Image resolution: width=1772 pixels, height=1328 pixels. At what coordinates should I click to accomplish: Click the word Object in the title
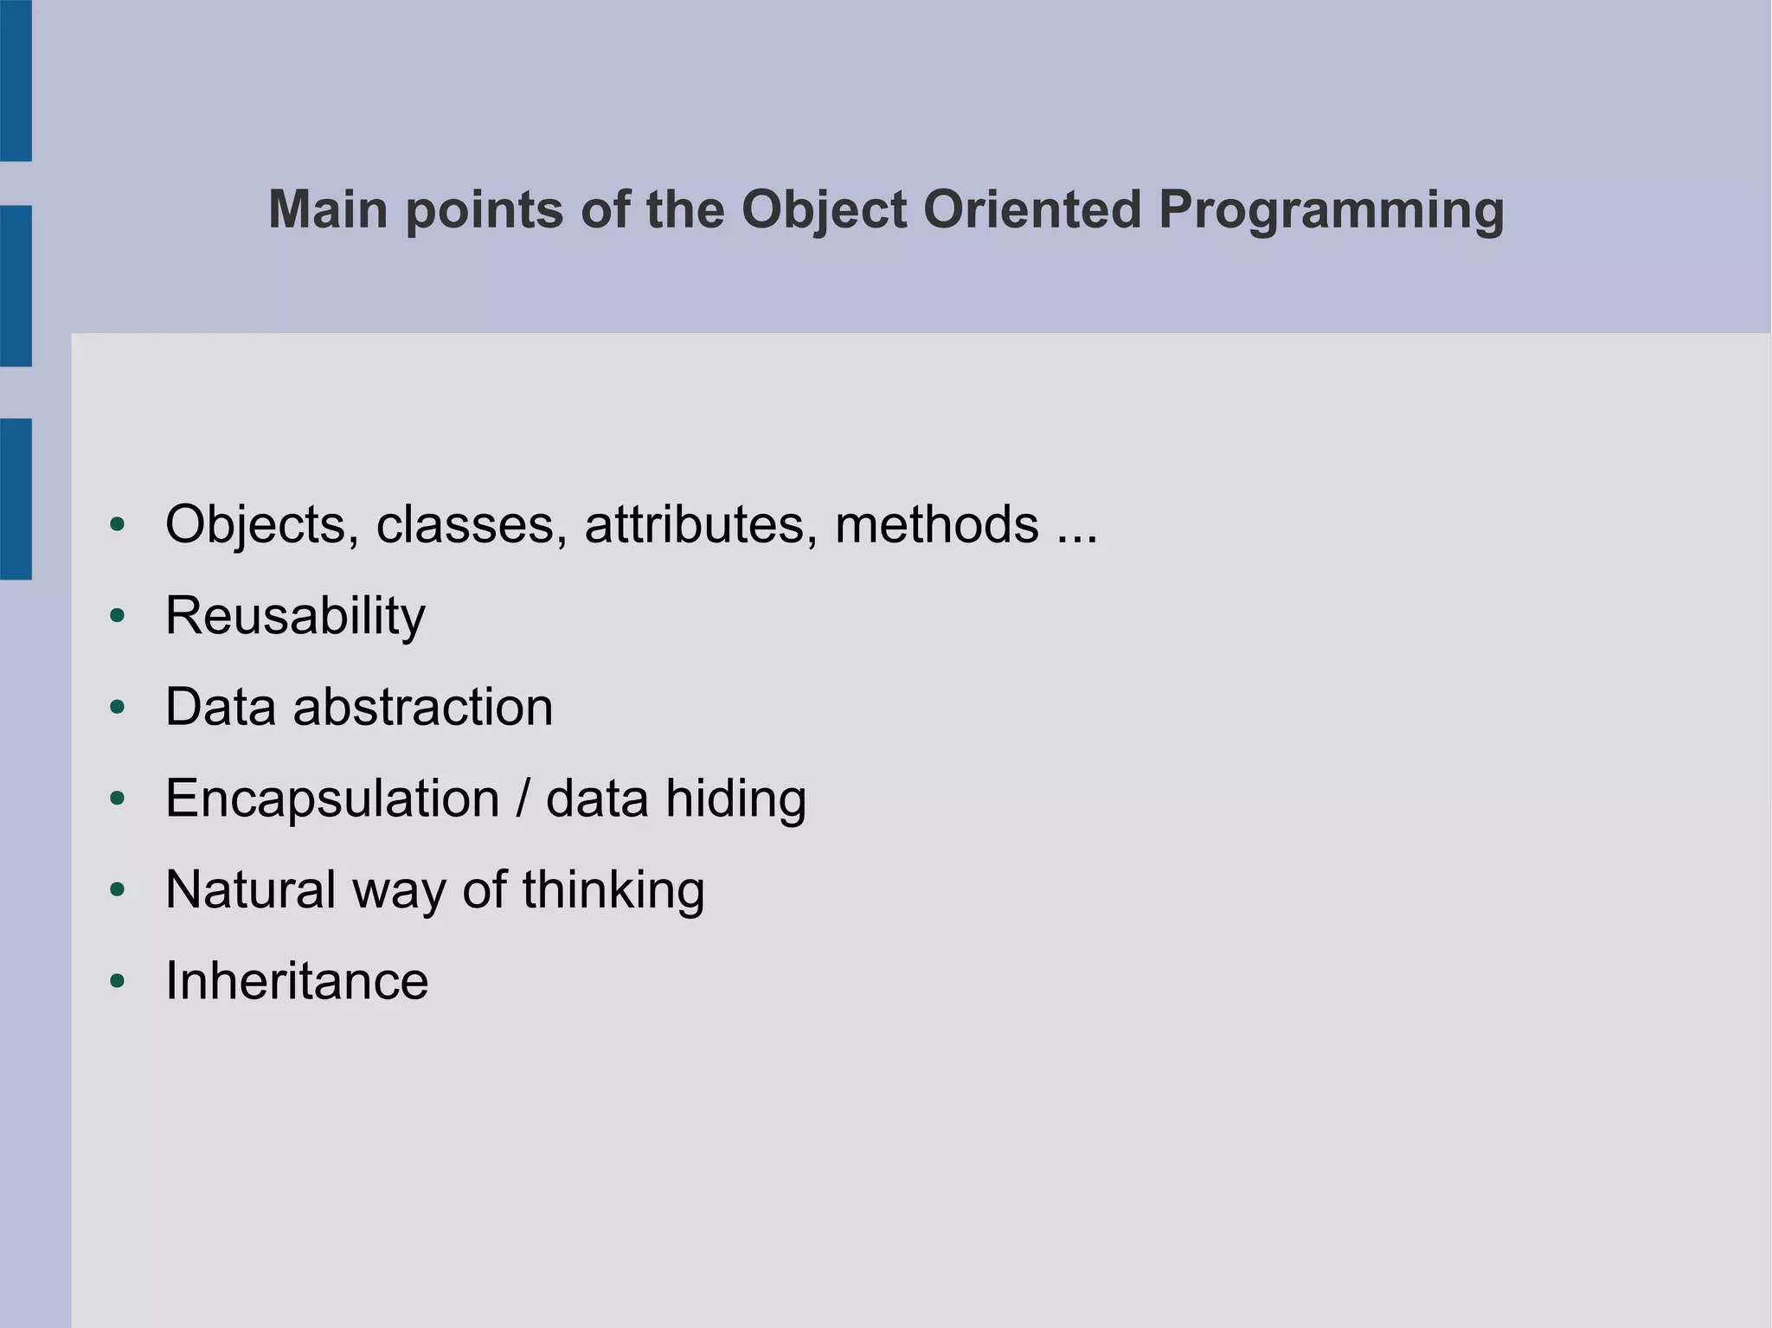click(824, 210)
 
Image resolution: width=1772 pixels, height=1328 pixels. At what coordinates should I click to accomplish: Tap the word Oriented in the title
click(1032, 210)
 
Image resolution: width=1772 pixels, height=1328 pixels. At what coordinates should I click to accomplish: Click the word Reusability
click(295, 616)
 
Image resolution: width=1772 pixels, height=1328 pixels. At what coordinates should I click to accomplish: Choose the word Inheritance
click(297, 981)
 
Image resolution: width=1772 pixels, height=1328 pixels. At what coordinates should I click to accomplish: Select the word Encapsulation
click(332, 799)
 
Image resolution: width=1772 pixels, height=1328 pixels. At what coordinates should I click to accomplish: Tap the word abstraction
click(423, 707)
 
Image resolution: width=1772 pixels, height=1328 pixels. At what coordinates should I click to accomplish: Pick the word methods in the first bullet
click(936, 525)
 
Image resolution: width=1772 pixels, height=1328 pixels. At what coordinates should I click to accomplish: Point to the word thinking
click(613, 890)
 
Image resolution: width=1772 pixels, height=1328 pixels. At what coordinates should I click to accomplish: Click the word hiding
click(735, 799)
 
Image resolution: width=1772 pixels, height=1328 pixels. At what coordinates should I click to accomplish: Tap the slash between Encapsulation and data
click(522, 799)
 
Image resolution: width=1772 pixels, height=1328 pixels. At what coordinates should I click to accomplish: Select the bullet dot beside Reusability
click(118, 616)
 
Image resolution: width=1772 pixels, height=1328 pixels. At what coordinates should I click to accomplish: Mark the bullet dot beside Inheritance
click(118, 981)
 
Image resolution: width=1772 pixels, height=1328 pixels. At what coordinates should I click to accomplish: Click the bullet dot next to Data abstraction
click(118, 708)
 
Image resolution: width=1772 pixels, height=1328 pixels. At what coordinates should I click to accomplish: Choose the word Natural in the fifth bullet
click(250, 890)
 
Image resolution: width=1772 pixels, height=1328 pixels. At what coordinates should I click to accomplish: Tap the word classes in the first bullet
click(471, 525)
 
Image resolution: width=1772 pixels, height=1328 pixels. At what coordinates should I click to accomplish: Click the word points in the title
click(485, 210)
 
